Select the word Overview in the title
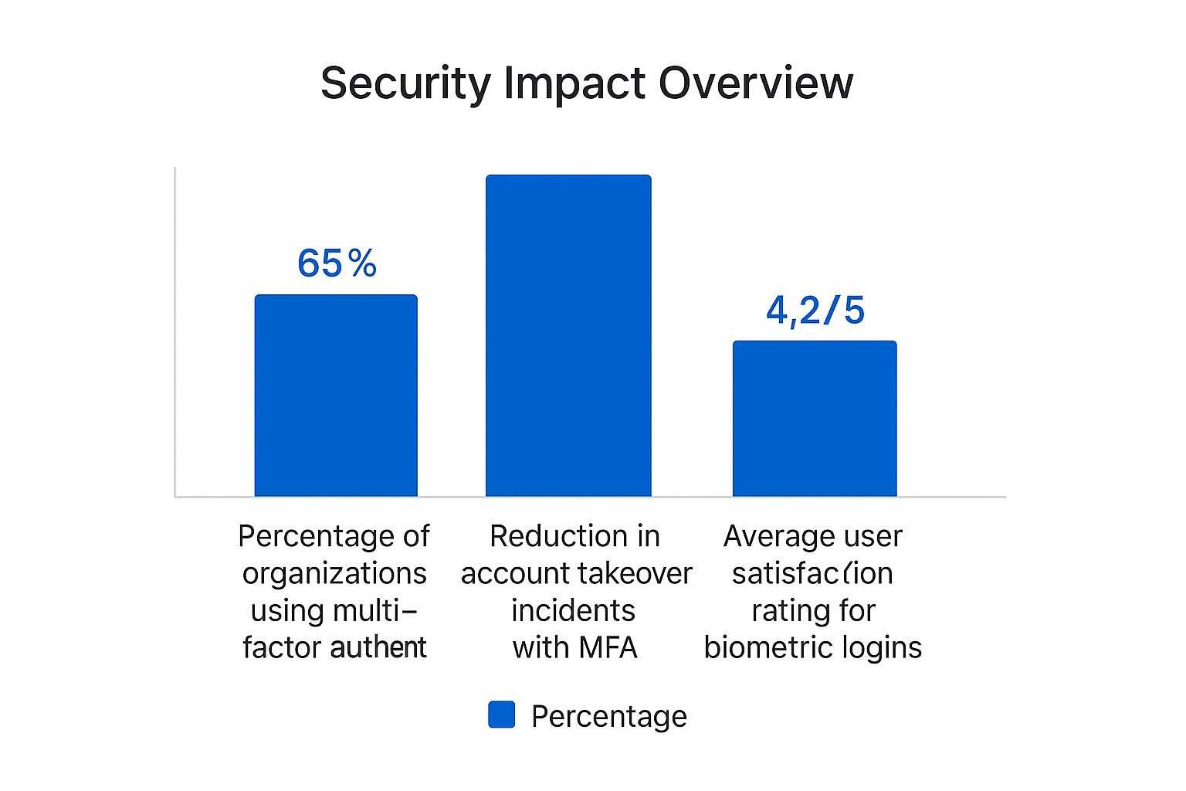tap(756, 83)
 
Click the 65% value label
tap(337, 263)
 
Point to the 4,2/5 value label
tap(815, 311)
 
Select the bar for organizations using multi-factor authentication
tap(336, 395)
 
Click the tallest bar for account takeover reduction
tap(568, 336)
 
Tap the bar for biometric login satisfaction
tap(815, 419)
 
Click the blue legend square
tap(501, 715)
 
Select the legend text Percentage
tap(608, 716)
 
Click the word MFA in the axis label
tap(608, 647)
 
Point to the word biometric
tap(768, 647)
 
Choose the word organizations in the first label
tap(334, 573)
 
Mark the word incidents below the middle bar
tap(573, 610)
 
